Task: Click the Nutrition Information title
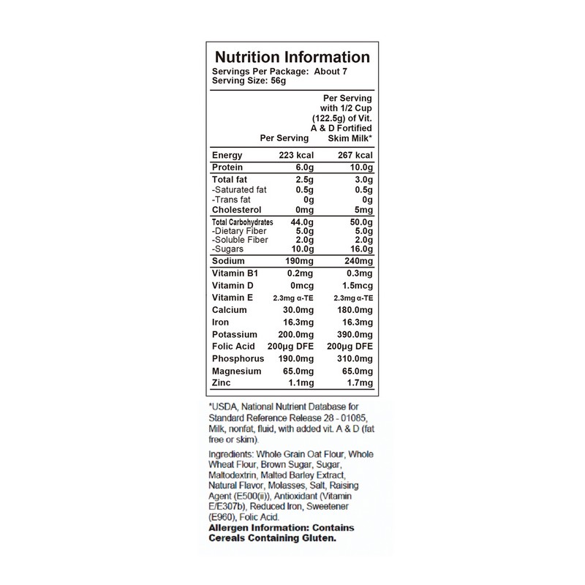(291, 57)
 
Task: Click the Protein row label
(228, 168)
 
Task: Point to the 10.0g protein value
(358, 168)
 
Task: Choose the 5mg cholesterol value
(363, 209)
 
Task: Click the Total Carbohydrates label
(242, 222)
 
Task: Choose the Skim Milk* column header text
(350, 137)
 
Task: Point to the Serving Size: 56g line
(248, 81)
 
